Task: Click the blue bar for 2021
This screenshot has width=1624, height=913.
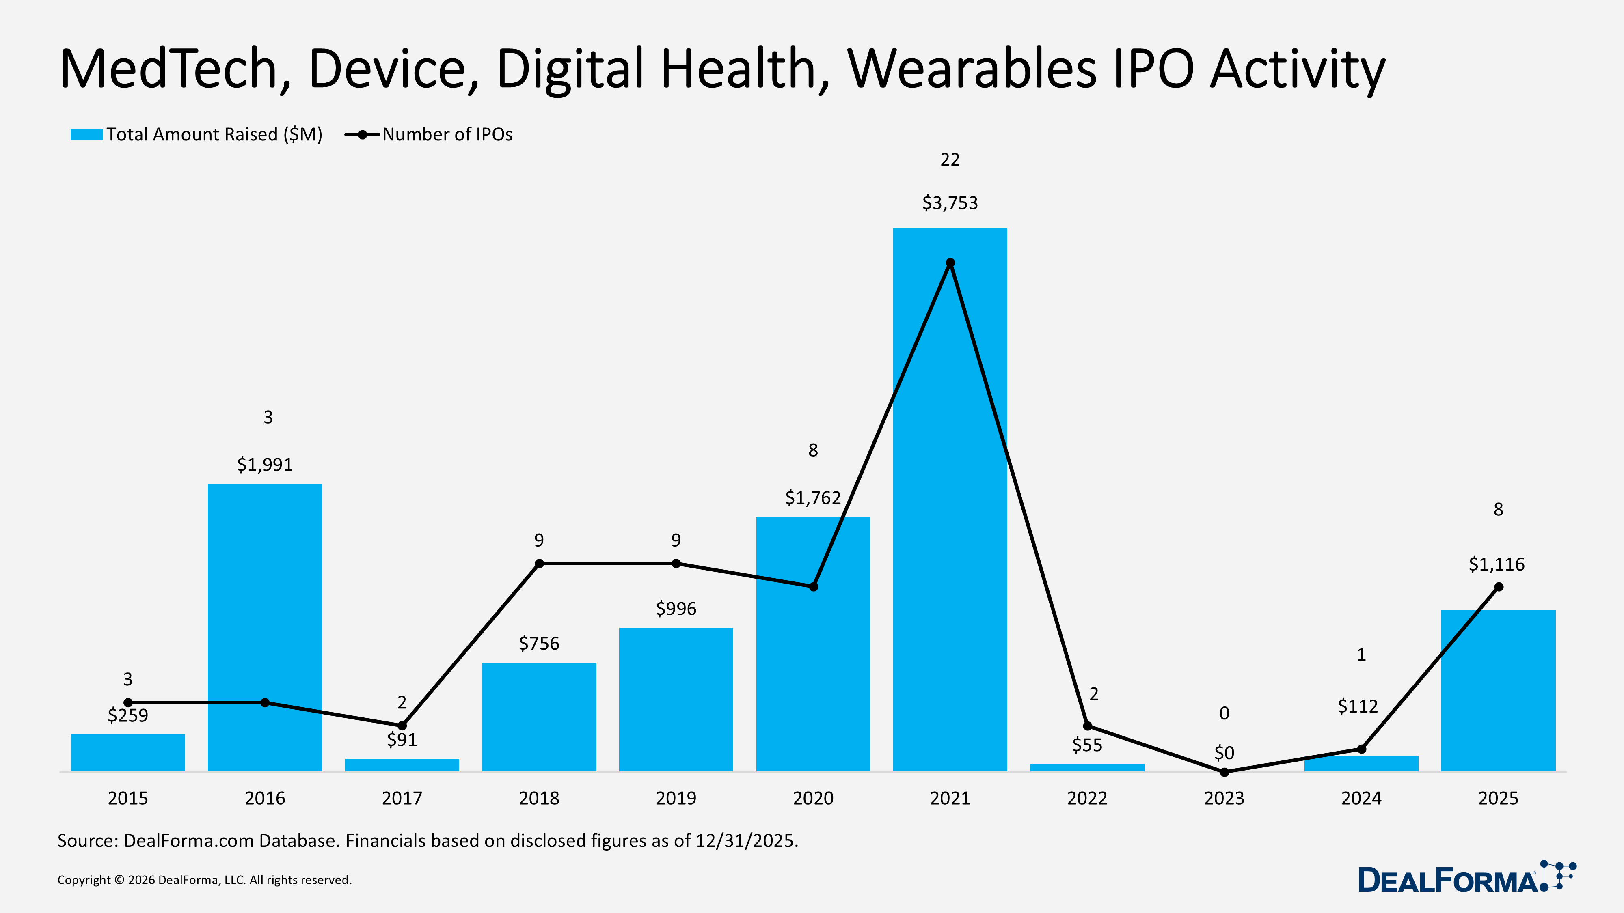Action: coord(950,504)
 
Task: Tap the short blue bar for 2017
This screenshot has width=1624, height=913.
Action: coord(402,765)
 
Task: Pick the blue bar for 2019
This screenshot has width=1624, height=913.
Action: coord(676,700)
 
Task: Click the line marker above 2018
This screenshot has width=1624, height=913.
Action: coord(539,563)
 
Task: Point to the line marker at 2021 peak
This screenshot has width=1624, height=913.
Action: coord(950,263)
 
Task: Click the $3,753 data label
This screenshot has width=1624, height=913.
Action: coord(950,203)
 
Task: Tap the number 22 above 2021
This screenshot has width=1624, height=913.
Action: coord(950,160)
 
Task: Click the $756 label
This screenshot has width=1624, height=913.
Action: coord(539,643)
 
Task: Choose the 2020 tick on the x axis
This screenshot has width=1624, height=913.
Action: coord(813,798)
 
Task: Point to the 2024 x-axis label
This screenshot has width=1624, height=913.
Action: coord(1361,798)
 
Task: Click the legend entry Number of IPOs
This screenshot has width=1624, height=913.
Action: coord(447,134)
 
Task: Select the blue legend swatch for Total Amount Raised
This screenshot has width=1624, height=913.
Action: coord(86,134)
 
